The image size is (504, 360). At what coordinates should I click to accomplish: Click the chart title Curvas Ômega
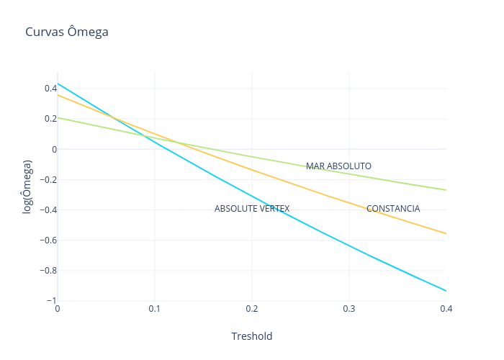(67, 32)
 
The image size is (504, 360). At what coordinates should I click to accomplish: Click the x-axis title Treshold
(251, 336)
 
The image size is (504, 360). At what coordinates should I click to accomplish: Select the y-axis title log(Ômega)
(27, 186)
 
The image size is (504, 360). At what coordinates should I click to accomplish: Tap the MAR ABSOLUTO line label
(338, 166)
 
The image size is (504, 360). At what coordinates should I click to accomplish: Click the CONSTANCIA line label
(393, 209)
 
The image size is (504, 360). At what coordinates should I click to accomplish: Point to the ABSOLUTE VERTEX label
(252, 209)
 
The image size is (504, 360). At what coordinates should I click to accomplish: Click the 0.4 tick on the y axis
(50, 89)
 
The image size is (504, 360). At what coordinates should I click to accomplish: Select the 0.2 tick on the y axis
(50, 119)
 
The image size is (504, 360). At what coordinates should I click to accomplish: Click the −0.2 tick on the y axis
(48, 179)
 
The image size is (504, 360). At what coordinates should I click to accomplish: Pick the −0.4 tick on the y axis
(48, 210)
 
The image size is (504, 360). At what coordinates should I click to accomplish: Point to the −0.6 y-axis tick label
(48, 240)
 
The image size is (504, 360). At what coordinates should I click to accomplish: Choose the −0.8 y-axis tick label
(48, 270)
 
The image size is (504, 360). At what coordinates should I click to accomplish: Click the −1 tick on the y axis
(50, 300)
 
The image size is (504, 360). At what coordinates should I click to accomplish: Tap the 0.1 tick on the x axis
(155, 309)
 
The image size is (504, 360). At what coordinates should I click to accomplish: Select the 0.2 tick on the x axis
(252, 309)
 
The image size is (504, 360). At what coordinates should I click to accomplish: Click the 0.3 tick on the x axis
(349, 309)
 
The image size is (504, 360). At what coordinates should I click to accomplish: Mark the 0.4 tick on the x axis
(446, 309)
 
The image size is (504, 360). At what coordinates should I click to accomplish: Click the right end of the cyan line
(446, 291)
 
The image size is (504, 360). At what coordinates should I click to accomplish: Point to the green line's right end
(446, 190)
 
